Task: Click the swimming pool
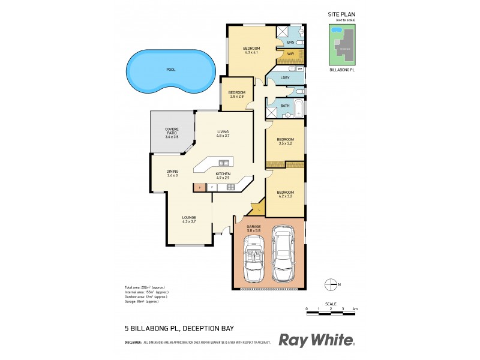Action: (171, 71)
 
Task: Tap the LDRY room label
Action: (286, 78)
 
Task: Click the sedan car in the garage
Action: (283, 254)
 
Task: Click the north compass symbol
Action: (329, 284)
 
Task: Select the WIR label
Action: (290, 54)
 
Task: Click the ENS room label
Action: (290, 43)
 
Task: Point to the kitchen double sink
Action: (224, 163)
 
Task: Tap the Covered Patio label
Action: (172, 133)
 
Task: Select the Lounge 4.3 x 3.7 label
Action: (190, 219)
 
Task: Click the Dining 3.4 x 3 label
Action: (172, 173)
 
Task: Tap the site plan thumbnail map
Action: (341, 44)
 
